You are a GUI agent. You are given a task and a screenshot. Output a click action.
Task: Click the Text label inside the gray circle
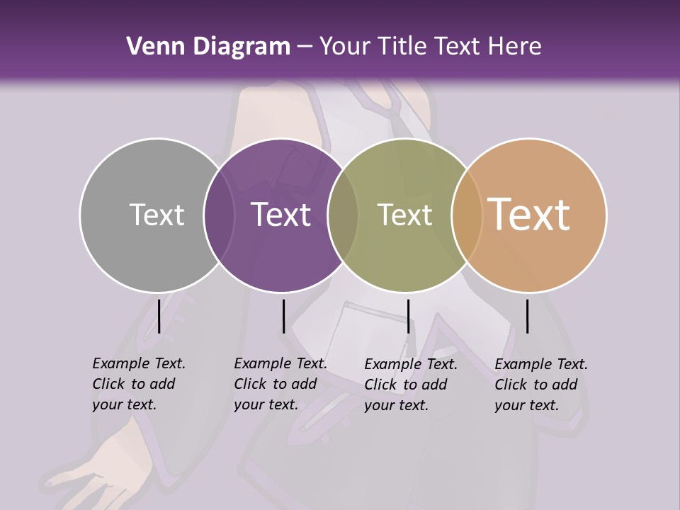157,215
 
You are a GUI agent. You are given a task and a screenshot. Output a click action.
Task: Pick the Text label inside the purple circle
280,215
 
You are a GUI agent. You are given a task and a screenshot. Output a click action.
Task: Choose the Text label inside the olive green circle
404,215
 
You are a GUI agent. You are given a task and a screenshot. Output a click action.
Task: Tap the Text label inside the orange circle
528,215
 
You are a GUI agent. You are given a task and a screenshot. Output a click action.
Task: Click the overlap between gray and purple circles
218,215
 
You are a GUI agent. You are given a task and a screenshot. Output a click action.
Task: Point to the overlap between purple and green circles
343,215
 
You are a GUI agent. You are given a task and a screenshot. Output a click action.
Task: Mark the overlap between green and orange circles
466,215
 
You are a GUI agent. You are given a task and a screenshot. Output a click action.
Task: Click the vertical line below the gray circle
159,316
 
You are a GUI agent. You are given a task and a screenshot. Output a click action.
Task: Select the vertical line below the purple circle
283,316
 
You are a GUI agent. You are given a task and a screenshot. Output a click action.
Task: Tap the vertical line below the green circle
408,316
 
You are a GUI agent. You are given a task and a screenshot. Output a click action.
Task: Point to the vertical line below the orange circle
527,316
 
